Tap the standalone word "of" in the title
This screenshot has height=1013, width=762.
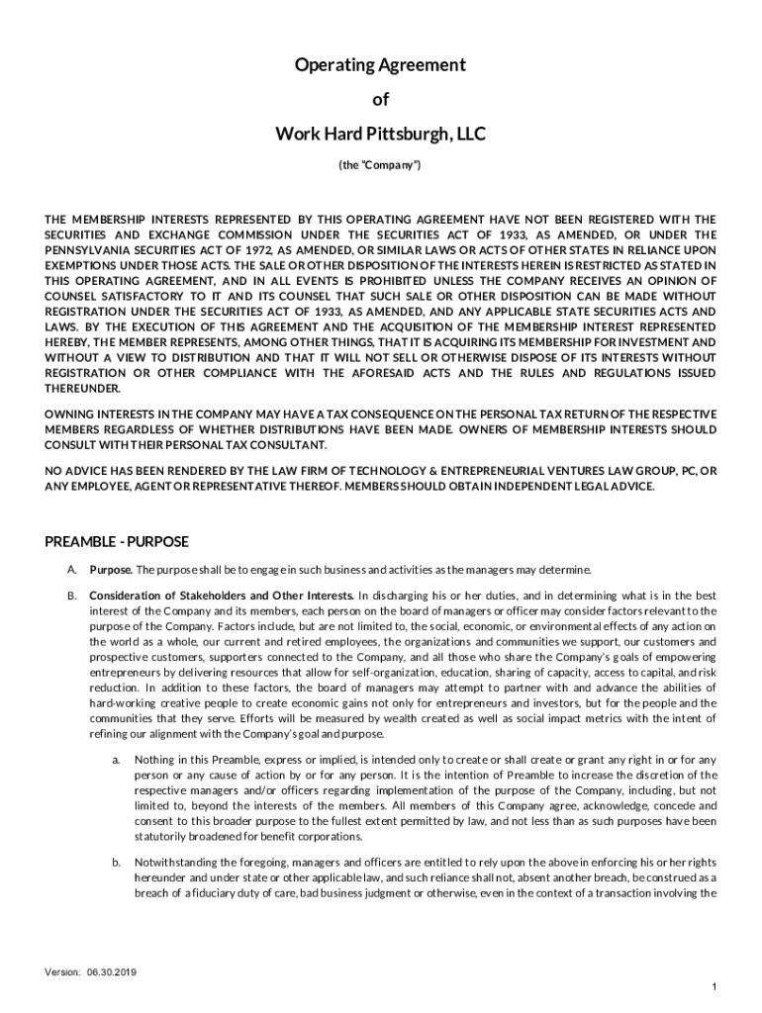[x=380, y=99]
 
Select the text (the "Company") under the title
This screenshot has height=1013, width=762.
[x=380, y=165]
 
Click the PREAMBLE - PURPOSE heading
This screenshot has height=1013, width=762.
[x=117, y=542]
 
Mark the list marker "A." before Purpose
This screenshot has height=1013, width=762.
[x=72, y=570]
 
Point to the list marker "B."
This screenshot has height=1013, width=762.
[x=72, y=596]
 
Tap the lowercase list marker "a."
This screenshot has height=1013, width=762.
[x=116, y=760]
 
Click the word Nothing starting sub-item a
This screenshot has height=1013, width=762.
[x=154, y=760]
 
